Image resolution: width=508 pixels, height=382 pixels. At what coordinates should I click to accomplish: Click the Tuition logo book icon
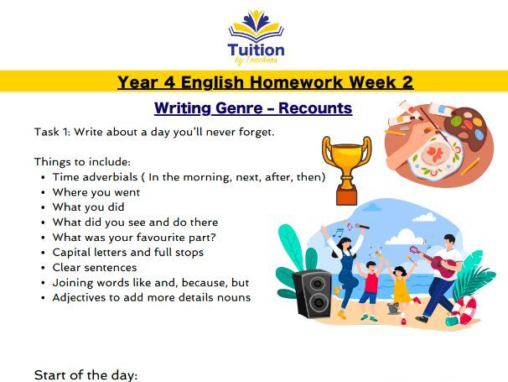(255, 24)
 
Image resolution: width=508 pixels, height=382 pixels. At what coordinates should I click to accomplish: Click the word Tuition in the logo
(255, 50)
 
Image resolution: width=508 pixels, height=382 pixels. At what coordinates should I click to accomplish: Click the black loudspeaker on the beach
(313, 293)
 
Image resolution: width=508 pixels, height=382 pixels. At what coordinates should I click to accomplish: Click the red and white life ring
(466, 311)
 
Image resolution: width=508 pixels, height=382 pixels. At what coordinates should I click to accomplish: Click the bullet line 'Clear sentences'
(95, 267)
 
